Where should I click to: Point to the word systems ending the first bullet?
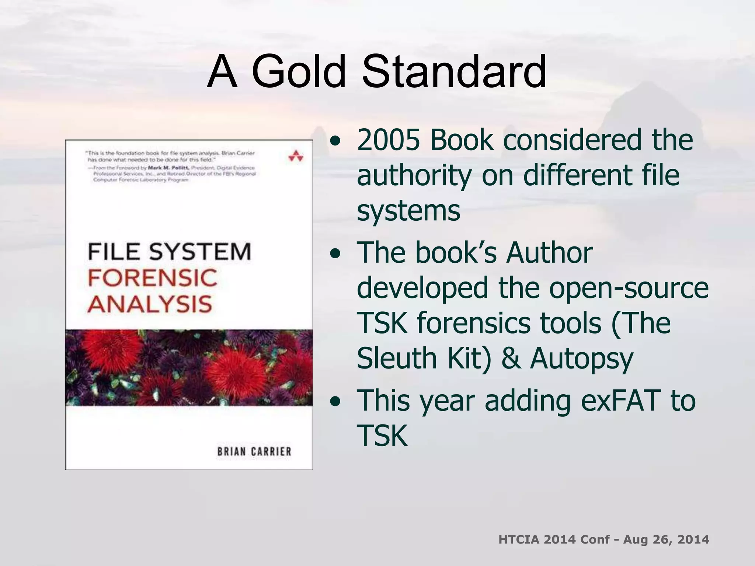pyautogui.click(x=408, y=211)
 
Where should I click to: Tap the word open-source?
pyautogui.click(x=629, y=288)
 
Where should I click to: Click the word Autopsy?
pyautogui.click(x=582, y=358)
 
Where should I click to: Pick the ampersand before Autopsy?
pyautogui.click(x=511, y=358)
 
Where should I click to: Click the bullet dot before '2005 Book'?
pyautogui.click(x=335, y=142)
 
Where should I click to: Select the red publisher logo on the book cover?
pyautogui.click(x=296, y=156)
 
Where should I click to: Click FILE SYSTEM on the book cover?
pyautogui.click(x=169, y=252)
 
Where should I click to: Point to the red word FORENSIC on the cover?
pyautogui.click(x=152, y=278)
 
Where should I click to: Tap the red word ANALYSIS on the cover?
pyautogui.click(x=150, y=304)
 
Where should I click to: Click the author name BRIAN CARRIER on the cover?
pyautogui.click(x=254, y=452)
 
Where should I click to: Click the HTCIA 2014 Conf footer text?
pyautogui.click(x=603, y=539)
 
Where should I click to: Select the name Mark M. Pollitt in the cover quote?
pyautogui.click(x=168, y=168)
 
